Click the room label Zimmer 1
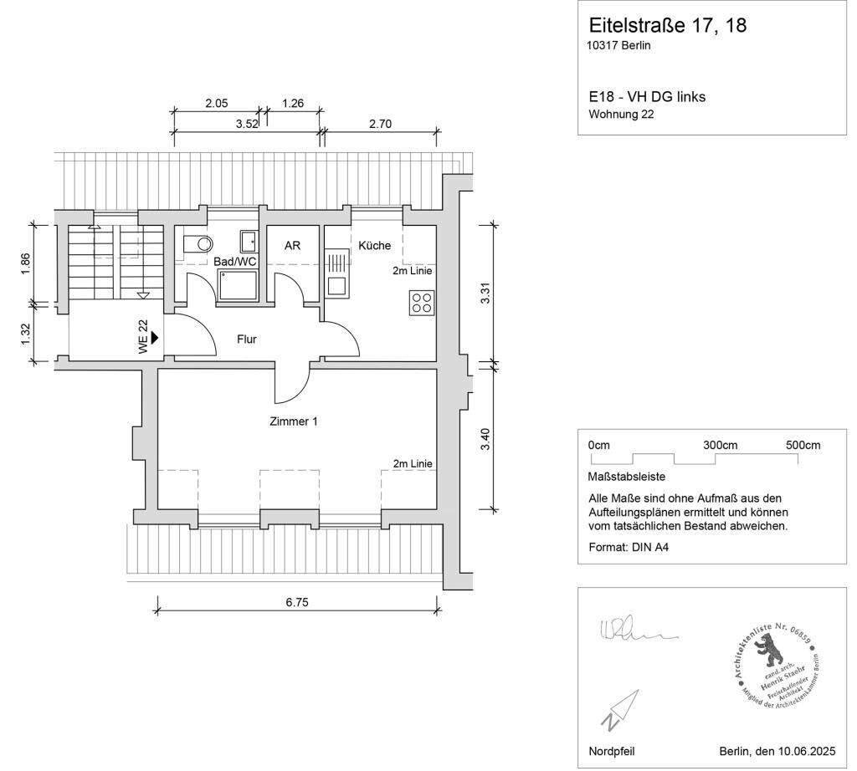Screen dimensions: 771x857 click(293, 422)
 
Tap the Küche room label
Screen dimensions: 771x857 click(374, 246)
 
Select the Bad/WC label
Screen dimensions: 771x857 click(235, 262)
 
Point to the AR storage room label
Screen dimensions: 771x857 click(292, 246)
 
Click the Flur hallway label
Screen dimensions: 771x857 click(246, 340)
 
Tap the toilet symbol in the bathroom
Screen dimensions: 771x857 click(198, 244)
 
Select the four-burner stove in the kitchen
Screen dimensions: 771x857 click(422, 302)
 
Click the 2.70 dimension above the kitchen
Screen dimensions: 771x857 click(380, 125)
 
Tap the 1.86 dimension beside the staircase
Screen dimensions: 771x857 click(26, 263)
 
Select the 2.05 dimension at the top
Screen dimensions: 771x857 click(217, 104)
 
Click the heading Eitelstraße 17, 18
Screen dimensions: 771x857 click(667, 25)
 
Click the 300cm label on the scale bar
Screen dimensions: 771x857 click(720, 445)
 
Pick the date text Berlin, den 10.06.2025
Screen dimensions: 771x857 click(777, 751)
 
